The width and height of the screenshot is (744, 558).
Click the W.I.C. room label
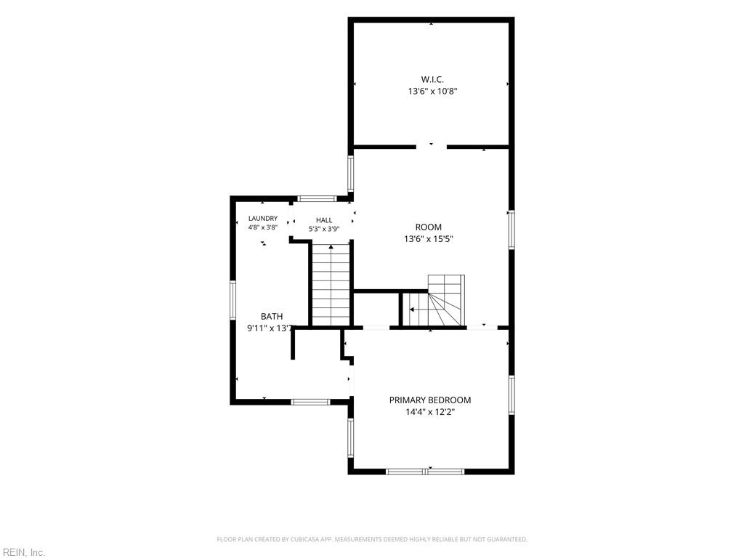pyautogui.click(x=432, y=79)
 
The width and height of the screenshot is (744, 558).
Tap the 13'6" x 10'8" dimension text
pyautogui.click(x=432, y=91)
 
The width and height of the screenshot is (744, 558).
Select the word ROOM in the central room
pyautogui.click(x=429, y=227)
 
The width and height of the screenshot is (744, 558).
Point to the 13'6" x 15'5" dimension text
pyautogui.click(x=429, y=239)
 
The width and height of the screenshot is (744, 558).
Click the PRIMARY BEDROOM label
pyautogui.click(x=430, y=400)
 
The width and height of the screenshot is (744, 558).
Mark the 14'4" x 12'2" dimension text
pyautogui.click(x=430, y=412)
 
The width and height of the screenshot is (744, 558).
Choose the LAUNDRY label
pyautogui.click(x=263, y=218)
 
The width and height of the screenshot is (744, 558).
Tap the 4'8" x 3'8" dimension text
pyautogui.click(x=263, y=227)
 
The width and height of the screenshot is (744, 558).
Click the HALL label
pyautogui.click(x=324, y=220)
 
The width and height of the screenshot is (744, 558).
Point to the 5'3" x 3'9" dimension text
pyautogui.click(x=324, y=229)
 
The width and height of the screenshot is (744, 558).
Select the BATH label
pyautogui.click(x=272, y=317)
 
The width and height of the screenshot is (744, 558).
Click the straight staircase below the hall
pyautogui.click(x=331, y=285)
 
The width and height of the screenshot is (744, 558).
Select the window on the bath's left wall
pyautogui.click(x=233, y=300)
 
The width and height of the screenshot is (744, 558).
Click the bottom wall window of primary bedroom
pyautogui.click(x=424, y=471)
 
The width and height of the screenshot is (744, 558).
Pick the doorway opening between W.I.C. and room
pyautogui.click(x=432, y=147)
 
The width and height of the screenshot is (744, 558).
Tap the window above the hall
pyautogui.click(x=317, y=199)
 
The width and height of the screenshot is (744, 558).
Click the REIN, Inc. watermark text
pyautogui.click(x=23, y=552)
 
